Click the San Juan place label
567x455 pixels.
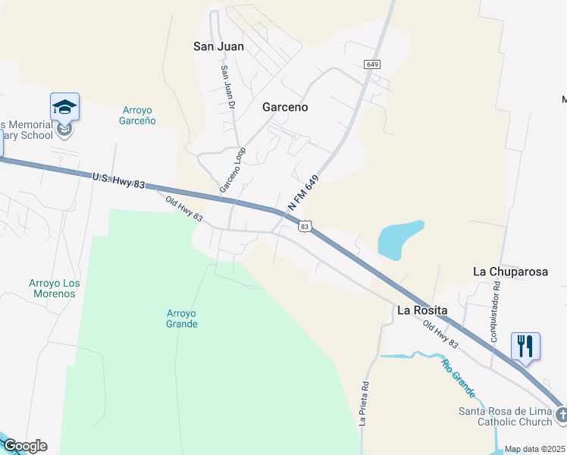coord(218,46)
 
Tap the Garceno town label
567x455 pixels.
coord(285,107)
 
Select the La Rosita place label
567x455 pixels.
coord(422,310)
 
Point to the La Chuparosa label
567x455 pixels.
coord(510,271)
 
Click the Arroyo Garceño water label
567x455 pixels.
coord(138,115)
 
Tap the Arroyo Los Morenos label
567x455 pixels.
coord(55,288)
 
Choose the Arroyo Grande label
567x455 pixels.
coord(182,318)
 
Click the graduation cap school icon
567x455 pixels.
coord(64,107)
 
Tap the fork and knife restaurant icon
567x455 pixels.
coord(525,346)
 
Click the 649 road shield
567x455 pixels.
coord(371,64)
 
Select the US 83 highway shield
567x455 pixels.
coord(305,226)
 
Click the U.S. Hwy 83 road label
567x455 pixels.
coord(117,180)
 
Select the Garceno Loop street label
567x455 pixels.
coord(233,169)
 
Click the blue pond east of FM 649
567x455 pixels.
coord(399,239)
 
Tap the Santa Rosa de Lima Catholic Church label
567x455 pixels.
coord(505,416)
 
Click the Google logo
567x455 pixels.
coord(25,446)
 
